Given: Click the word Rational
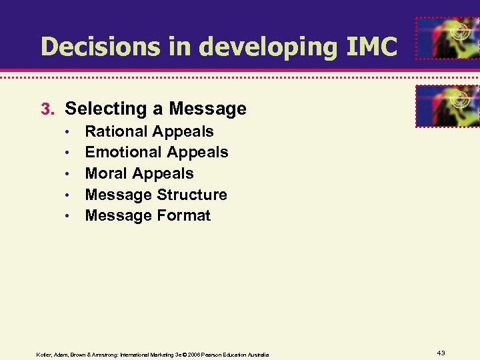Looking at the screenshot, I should [x=117, y=131].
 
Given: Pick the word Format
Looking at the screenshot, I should [x=184, y=215].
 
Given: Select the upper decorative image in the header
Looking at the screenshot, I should [x=446, y=39].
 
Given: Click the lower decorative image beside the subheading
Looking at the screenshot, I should [x=446, y=105].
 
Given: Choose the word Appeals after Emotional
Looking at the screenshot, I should [x=197, y=152].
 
